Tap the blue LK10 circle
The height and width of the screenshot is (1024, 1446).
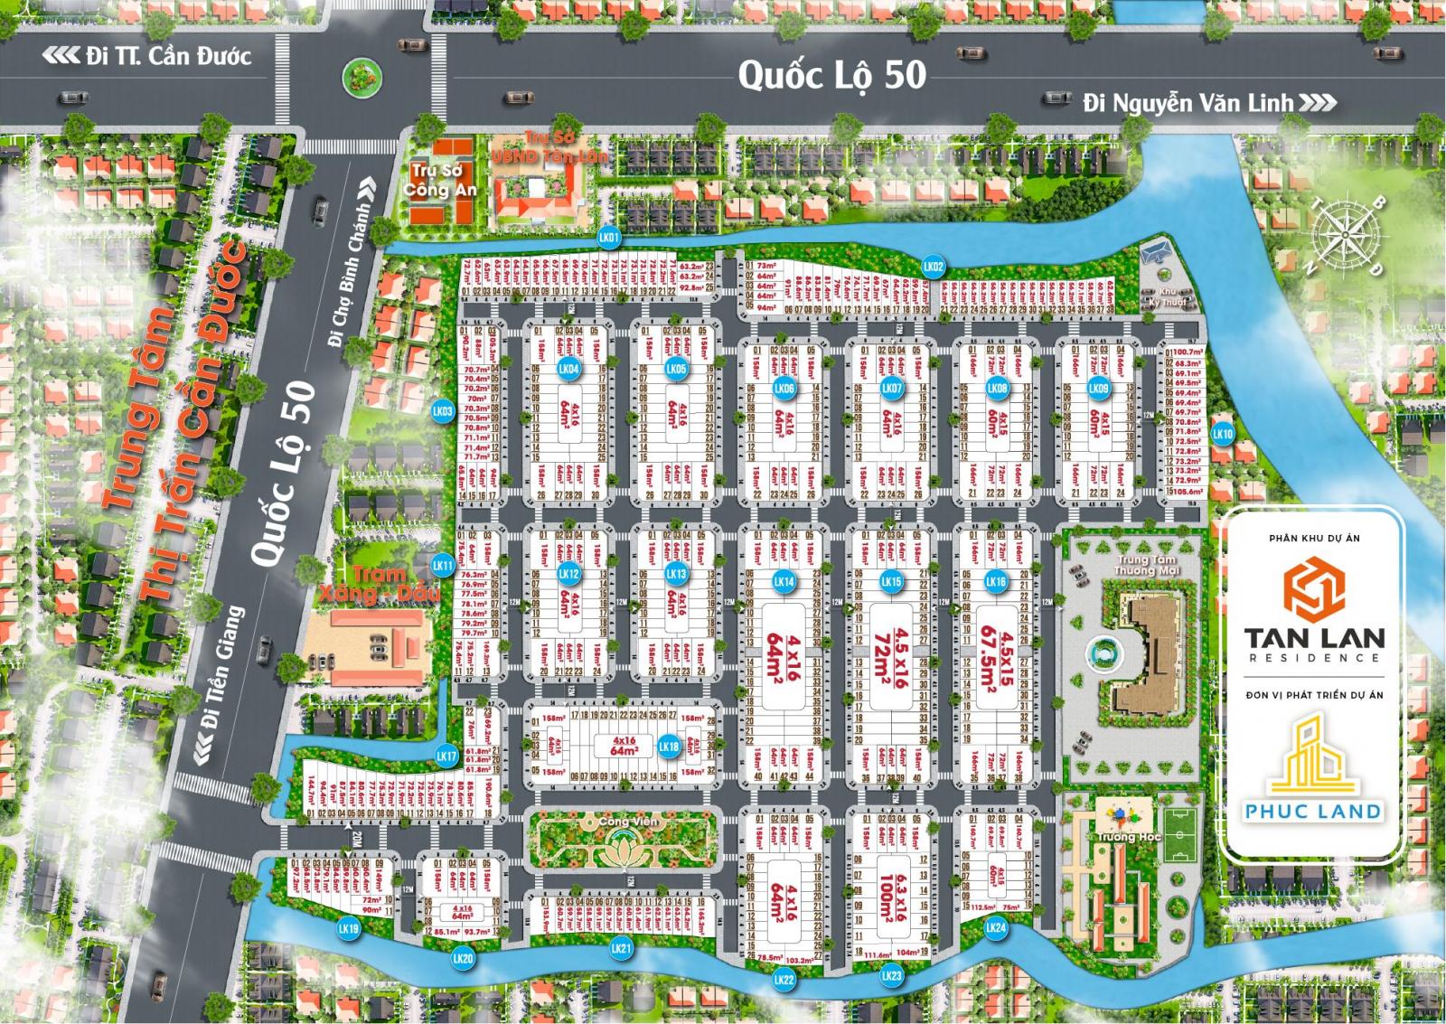(1223, 434)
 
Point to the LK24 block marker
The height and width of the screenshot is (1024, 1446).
(995, 927)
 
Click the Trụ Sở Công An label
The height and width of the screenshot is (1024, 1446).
(439, 179)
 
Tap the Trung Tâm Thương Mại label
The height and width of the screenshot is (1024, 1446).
(1144, 565)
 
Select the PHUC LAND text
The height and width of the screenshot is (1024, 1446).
(1313, 810)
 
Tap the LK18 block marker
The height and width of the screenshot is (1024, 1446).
(669, 747)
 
